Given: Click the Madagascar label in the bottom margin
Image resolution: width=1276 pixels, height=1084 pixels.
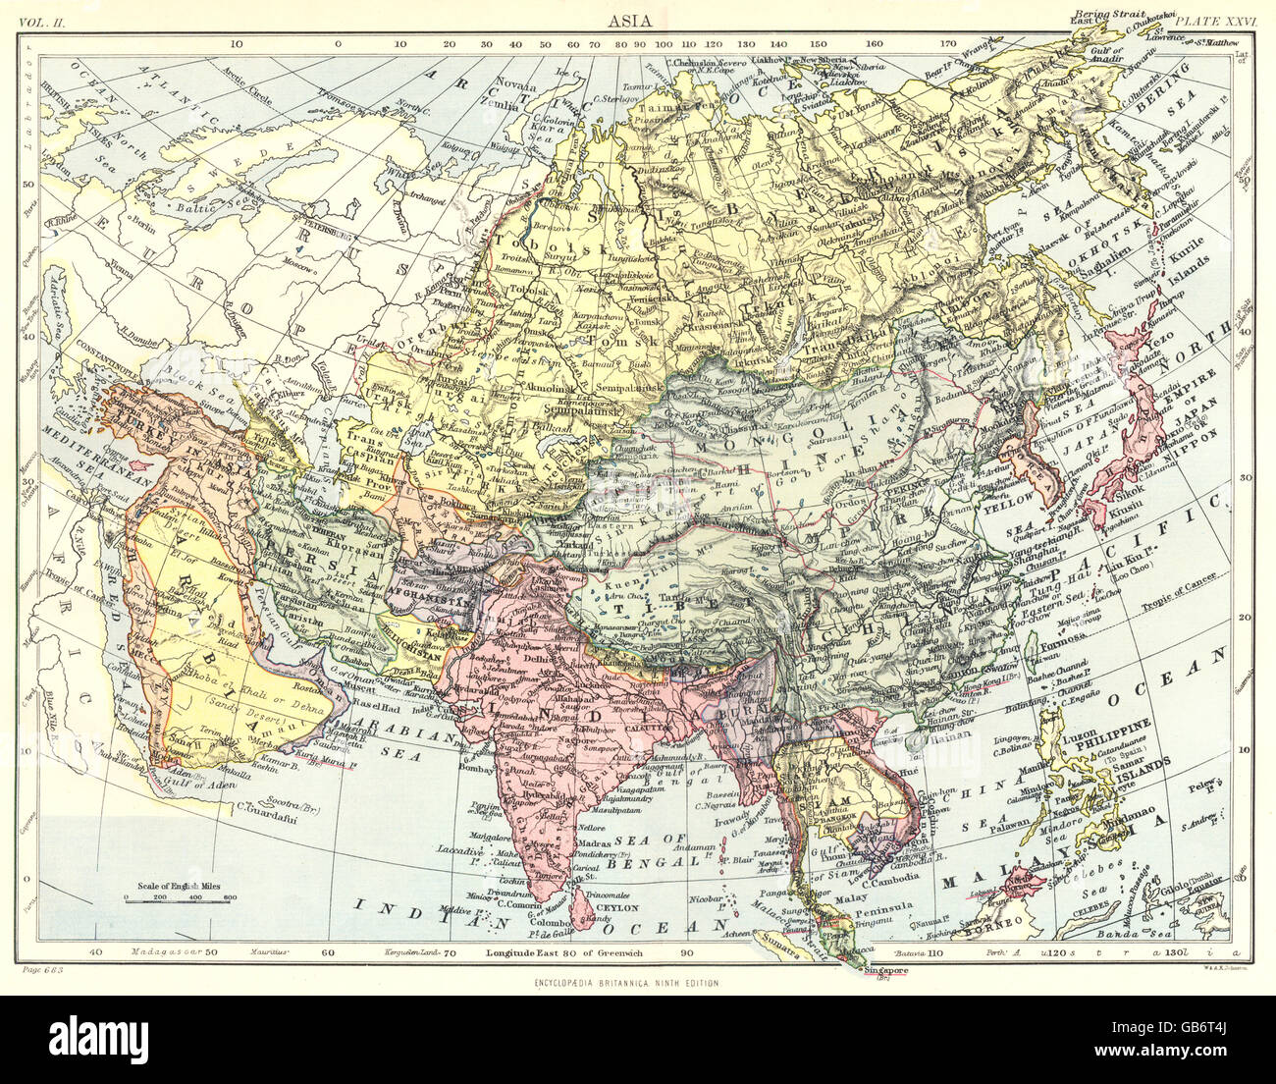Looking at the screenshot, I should (x=158, y=952).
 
